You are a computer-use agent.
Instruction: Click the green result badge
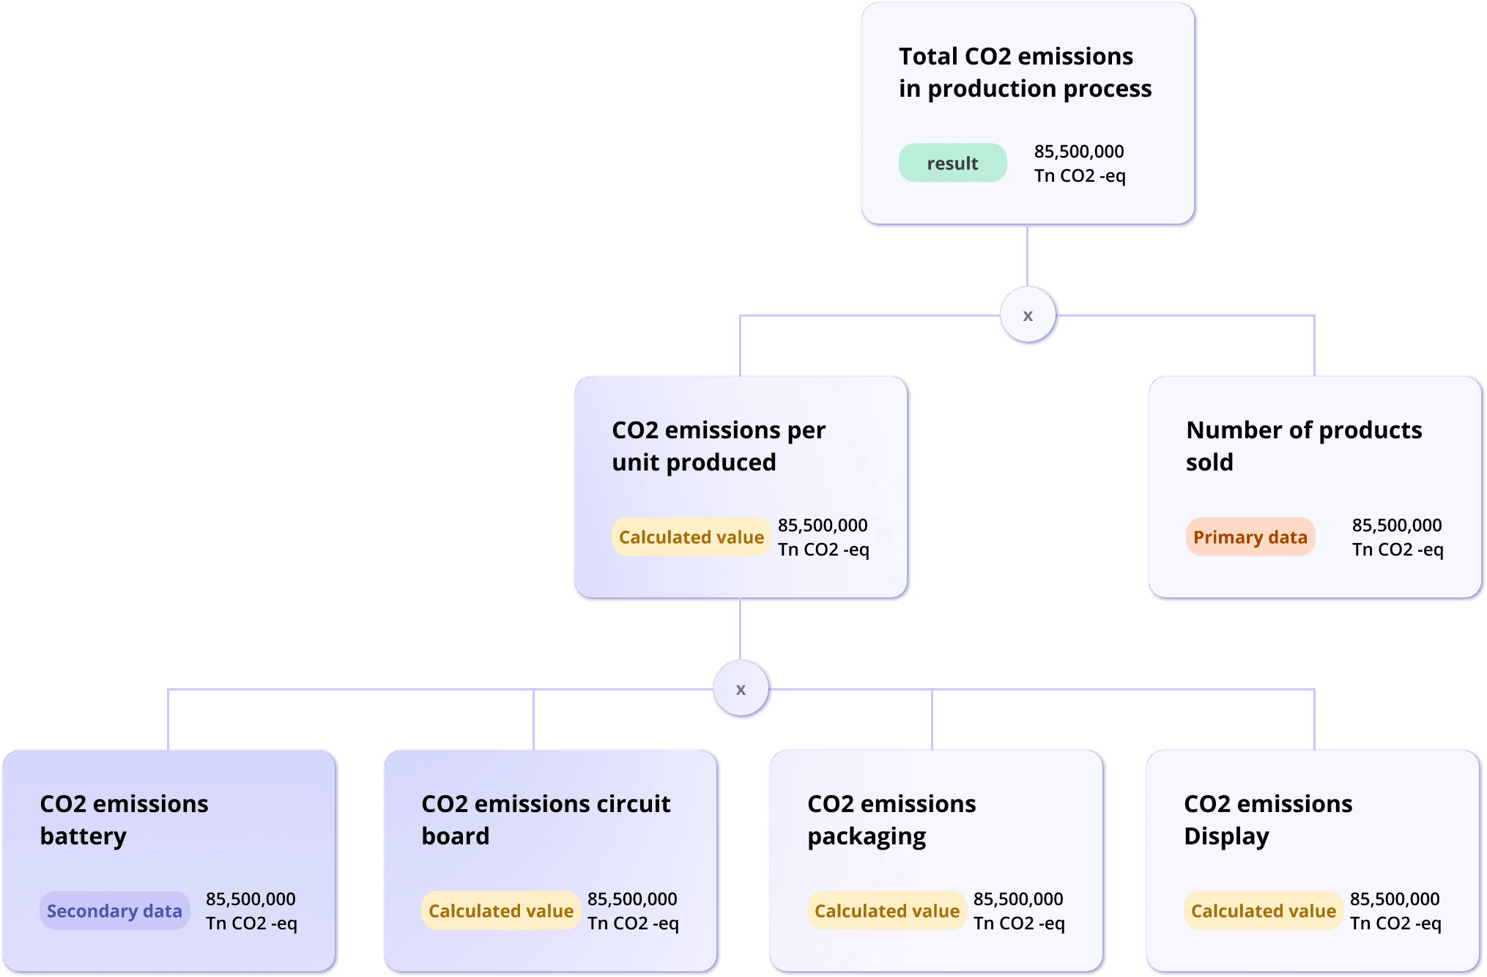tap(952, 163)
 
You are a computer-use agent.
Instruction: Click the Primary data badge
tap(1250, 537)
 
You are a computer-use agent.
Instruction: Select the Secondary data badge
tap(114, 911)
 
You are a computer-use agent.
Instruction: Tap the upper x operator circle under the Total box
tap(1028, 316)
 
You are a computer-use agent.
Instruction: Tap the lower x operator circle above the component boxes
tap(741, 690)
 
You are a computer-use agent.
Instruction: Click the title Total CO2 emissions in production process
tap(1024, 72)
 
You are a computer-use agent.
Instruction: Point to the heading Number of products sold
tap(1303, 446)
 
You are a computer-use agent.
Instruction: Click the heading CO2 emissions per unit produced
tap(718, 446)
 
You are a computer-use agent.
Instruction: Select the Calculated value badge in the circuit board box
tap(501, 911)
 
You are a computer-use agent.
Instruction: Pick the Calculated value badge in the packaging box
tap(886, 911)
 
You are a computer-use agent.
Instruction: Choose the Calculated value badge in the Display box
tap(1263, 911)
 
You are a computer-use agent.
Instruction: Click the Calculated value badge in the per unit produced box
tap(691, 537)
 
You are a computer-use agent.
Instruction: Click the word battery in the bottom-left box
tap(83, 836)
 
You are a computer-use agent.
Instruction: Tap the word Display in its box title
tap(1226, 836)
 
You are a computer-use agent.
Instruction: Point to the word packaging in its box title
tap(867, 836)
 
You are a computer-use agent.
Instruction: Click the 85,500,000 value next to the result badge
tap(1078, 152)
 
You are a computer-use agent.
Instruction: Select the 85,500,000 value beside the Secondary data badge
tap(251, 899)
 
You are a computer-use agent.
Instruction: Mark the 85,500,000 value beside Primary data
tap(1396, 526)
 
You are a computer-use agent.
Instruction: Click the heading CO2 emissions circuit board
tap(545, 819)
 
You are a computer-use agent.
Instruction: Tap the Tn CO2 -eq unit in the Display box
tap(1395, 923)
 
